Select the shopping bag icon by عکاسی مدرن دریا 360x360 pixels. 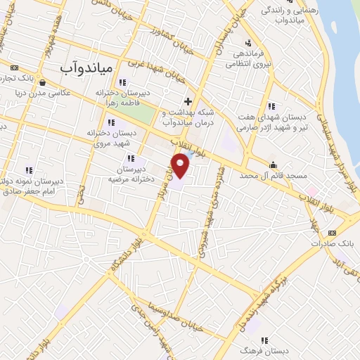click(x=44, y=82)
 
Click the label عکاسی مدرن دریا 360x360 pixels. click(x=43, y=93)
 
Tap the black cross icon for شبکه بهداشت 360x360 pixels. click(x=188, y=101)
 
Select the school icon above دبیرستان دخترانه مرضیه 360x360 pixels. click(x=131, y=159)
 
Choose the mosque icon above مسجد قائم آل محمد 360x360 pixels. click(x=274, y=165)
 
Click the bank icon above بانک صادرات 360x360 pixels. click(x=332, y=233)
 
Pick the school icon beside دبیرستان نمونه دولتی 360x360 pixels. click(x=28, y=169)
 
